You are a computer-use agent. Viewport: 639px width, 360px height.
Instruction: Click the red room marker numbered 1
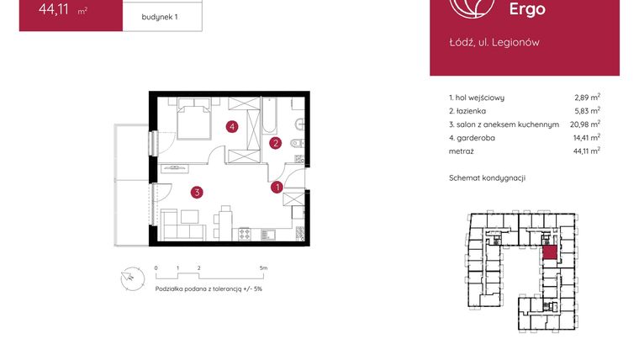[x=277, y=188]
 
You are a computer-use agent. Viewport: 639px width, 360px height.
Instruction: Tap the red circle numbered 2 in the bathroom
[x=275, y=143]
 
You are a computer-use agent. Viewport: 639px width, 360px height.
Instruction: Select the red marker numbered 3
[x=196, y=193]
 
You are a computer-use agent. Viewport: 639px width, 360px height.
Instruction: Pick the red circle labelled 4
[x=232, y=127]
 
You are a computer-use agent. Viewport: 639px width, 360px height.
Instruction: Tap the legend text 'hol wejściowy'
[x=480, y=98]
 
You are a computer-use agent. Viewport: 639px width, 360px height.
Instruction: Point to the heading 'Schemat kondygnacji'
[x=488, y=178]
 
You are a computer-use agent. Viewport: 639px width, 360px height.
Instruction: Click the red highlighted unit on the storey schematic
[x=549, y=251]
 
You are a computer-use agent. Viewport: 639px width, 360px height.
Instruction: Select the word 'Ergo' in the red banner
[x=527, y=10]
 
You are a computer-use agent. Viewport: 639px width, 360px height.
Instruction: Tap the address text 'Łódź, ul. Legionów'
[x=494, y=42]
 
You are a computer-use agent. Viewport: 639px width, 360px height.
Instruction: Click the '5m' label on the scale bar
[x=264, y=267]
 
